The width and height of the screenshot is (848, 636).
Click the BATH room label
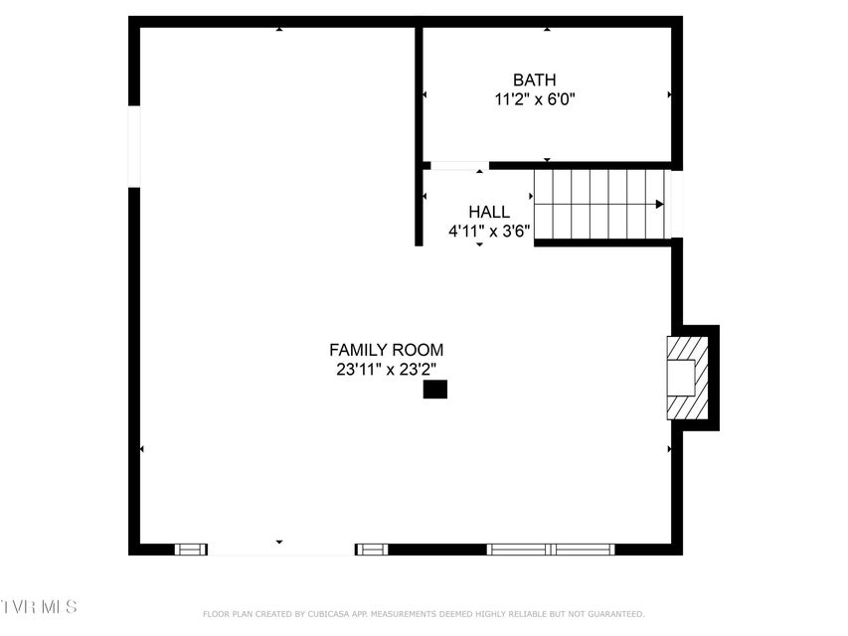(534, 80)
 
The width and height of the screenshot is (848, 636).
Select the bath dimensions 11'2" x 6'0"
(534, 99)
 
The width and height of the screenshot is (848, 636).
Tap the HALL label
(489, 212)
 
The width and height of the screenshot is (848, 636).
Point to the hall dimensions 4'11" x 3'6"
(489, 232)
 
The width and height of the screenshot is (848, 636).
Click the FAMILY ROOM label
(386, 350)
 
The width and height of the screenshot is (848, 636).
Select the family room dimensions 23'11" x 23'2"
(386, 370)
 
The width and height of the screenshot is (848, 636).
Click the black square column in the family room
(434, 390)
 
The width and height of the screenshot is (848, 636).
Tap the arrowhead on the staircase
(660, 204)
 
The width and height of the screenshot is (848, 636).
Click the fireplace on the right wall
(687, 378)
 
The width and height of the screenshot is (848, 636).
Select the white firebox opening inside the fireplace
(680, 378)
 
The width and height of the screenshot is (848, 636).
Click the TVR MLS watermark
(39, 606)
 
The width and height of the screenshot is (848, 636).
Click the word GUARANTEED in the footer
(616, 614)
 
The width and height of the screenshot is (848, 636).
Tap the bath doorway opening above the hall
(459, 166)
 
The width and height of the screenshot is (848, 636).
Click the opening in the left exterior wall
(134, 146)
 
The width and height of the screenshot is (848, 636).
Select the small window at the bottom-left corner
(191, 550)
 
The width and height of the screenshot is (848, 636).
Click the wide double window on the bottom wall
(551, 550)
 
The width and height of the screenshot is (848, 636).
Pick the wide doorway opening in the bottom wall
(281, 550)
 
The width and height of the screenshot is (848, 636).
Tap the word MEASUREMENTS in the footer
(403, 614)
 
